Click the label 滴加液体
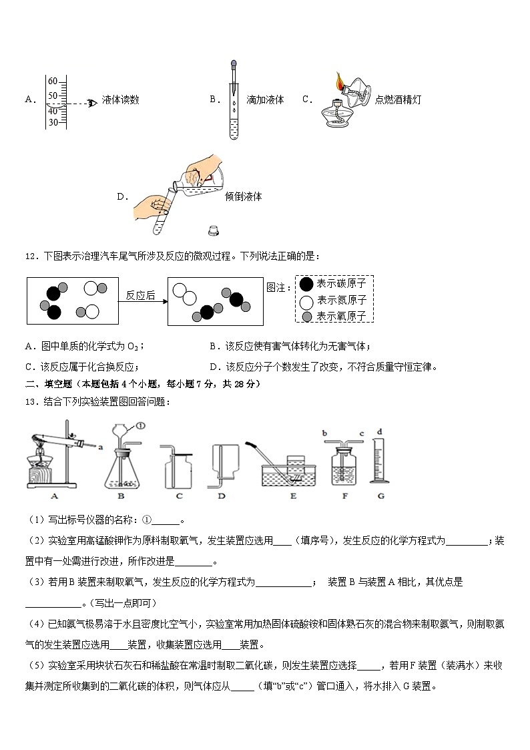point(265,100)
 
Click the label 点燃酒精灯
point(398,100)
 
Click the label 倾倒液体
point(244,197)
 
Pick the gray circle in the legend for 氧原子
point(306,316)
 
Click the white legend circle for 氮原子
point(306,301)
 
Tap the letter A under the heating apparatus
point(53,496)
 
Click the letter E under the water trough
point(293,496)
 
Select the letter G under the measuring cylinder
point(380,496)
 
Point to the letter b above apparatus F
point(324,433)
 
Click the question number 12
point(31,256)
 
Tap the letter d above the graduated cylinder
point(380,431)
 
